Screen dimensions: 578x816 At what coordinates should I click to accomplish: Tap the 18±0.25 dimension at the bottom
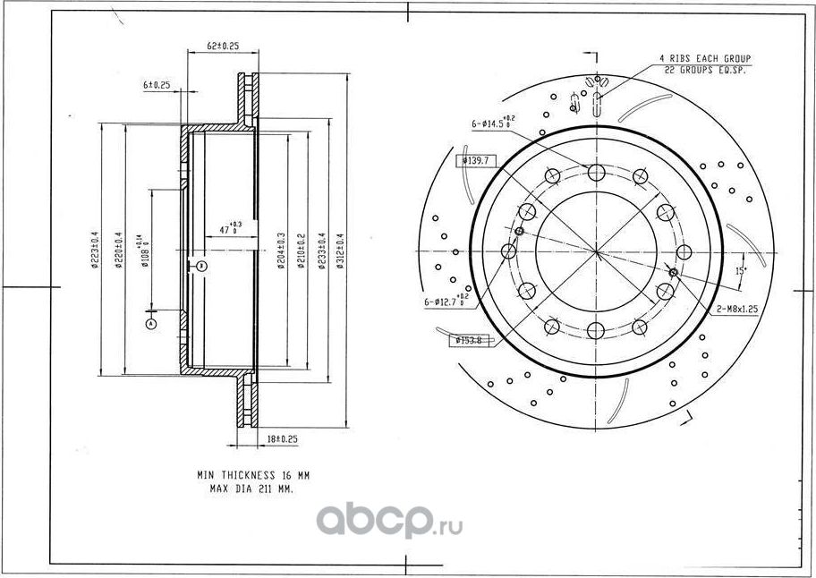coord(283,439)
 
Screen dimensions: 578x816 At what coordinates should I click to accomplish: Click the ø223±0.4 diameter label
coord(94,251)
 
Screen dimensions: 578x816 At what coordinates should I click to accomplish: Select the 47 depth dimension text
coord(231,228)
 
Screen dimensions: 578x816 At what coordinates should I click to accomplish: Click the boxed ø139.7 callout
coord(474,160)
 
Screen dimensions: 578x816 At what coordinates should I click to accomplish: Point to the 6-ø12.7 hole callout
coord(446,302)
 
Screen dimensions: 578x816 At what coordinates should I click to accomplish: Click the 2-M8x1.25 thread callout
coord(737,308)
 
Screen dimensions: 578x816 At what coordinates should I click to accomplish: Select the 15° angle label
coord(740,269)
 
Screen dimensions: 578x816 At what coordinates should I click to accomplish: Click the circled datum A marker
coord(151,322)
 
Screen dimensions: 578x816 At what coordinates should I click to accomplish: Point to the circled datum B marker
coord(202,266)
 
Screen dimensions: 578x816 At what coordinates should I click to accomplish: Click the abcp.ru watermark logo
coord(389,519)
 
